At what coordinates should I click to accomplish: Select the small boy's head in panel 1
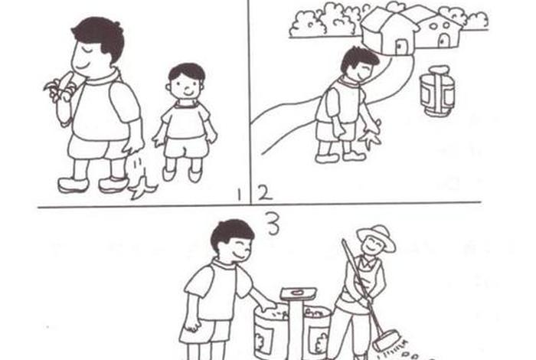(185, 82)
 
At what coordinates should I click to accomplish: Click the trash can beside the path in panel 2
(437, 90)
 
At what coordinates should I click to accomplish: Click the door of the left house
(399, 46)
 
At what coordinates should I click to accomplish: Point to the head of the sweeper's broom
(386, 339)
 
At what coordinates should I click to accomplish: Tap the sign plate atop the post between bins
(298, 293)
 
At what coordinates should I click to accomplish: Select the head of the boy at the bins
(232, 240)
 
